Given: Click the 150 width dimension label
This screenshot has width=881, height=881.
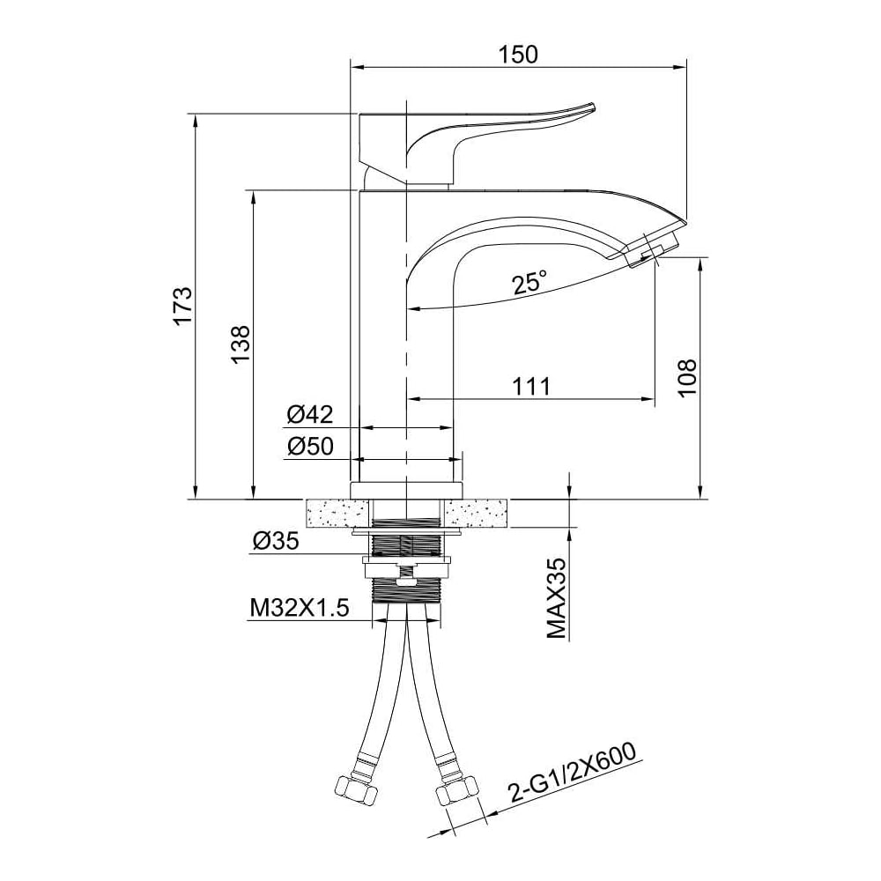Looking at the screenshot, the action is [518, 54].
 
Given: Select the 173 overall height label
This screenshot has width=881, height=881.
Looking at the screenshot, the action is [182, 307].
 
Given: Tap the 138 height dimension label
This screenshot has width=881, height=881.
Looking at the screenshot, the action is [241, 344].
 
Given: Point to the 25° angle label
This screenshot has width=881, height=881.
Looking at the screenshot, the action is [529, 282].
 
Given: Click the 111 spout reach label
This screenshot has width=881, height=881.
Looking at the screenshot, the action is [531, 387].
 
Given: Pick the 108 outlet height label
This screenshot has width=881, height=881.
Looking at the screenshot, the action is [686, 378].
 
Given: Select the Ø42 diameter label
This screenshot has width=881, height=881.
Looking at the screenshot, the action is [310, 415].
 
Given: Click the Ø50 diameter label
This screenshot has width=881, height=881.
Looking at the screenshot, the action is [310, 446].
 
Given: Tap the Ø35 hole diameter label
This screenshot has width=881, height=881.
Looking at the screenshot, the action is [276, 541].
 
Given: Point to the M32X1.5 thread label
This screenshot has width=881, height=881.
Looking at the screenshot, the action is [300, 607].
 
